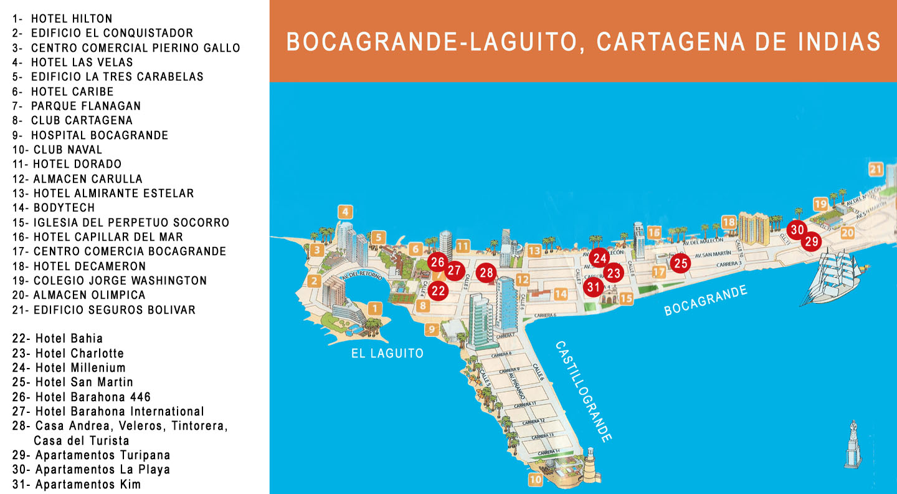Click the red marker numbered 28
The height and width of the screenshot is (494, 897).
(x=486, y=273)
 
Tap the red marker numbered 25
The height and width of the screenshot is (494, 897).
(x=681, y=263)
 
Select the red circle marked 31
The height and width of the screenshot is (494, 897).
(x=593, y=287)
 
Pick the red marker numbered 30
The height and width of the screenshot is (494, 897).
(x=797, y=230)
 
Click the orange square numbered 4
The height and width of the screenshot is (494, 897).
(x=346, y=212)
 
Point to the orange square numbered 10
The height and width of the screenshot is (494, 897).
(x=536, y=480)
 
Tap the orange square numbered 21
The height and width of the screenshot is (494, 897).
(x=876, y=169)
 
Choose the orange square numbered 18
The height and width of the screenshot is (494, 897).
(x=729, y=223)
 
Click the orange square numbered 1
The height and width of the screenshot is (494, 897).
(x=374, y=308)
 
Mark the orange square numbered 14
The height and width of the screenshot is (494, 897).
(x=561, y=294)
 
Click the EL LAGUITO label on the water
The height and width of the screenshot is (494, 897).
(x=387, y=353)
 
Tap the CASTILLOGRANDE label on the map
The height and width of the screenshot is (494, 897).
(x=583, y=391)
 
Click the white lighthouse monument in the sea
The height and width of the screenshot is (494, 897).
(x=852, y=444)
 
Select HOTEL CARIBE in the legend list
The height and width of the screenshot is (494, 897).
(x=73, y=92)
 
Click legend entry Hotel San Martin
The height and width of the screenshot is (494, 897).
(x=84, y=382)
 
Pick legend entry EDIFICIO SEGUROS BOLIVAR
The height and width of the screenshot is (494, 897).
(x=114, y=310)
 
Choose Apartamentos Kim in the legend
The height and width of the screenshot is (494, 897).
(x=88, y=485)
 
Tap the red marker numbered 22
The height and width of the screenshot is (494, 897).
(x=439, y=290)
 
